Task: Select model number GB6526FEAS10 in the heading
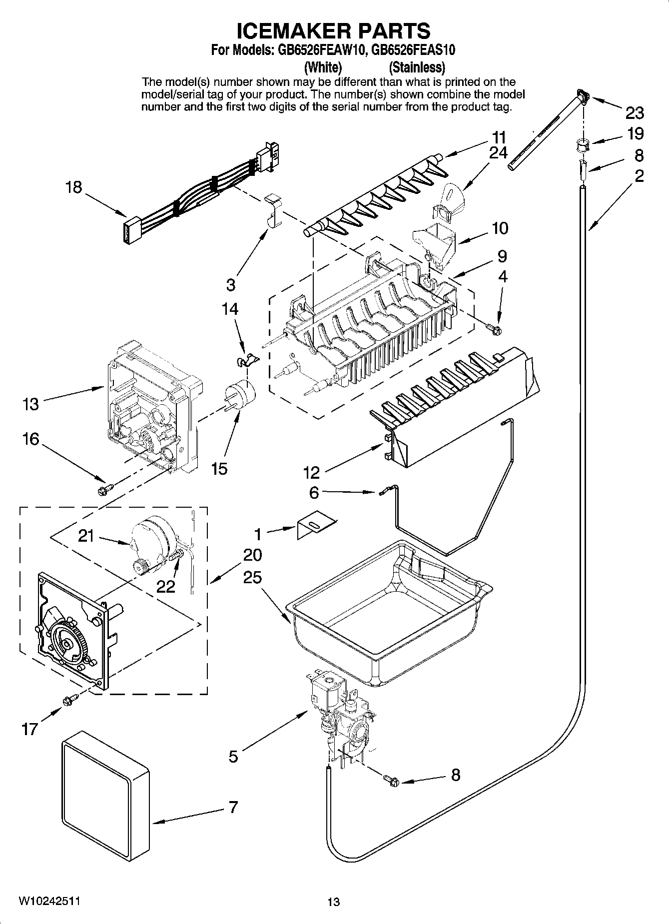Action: pos(413,50)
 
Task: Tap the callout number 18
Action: pos(74,187)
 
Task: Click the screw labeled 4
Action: pos(495,328)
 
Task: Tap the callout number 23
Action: pos(635,113)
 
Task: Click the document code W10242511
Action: pos(49,901)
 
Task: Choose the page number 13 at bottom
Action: pos(334,902)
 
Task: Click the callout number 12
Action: pos(311,472)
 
